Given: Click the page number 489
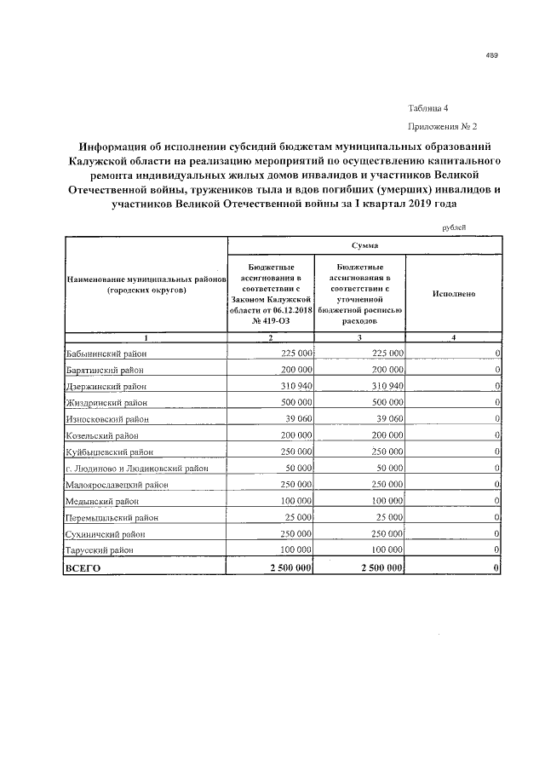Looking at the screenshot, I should point(491,55).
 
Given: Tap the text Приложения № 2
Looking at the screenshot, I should point(443,125).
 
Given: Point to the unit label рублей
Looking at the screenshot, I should point(454,226).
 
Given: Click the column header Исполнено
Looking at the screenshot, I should point(453,293).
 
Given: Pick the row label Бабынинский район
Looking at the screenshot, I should point(100,353).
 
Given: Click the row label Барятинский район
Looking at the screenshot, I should point(100,370).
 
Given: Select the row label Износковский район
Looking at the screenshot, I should point(106,418).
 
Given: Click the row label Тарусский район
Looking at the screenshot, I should point(97,551).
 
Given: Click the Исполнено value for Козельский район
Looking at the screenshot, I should point(496,435).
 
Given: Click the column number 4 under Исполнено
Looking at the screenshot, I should point(453,338).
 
